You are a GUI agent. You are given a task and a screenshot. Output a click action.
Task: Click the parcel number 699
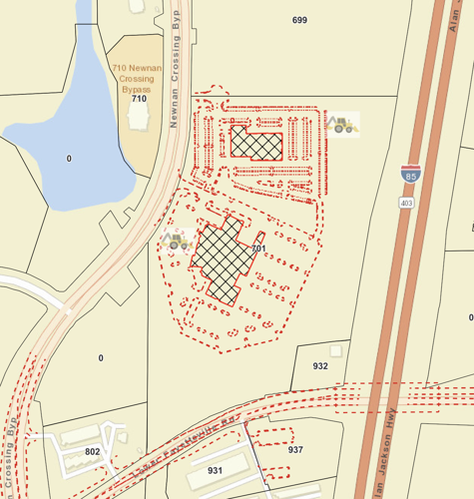[x=299, y=20]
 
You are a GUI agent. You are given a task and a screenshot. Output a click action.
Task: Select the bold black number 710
[x=139, y=99]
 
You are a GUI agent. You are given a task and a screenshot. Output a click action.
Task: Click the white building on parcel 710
[x=140, y=118]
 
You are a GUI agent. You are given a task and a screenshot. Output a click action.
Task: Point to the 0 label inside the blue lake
[x=69, y=159]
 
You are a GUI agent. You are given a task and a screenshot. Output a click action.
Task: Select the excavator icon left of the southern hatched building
[x=178, y=241]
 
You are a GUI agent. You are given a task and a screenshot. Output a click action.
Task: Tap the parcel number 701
[x=258, y=249]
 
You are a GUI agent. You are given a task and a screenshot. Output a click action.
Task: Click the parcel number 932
[x=320, y=366]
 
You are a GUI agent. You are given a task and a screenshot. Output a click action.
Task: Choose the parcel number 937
[x=295, y=449]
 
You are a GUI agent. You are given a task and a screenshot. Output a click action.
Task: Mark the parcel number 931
[x=215, y=469]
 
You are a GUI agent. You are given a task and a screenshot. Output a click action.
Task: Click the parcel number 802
[x=93, y=452]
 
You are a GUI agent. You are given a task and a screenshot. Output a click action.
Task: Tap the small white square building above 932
[x=336, y=350]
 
